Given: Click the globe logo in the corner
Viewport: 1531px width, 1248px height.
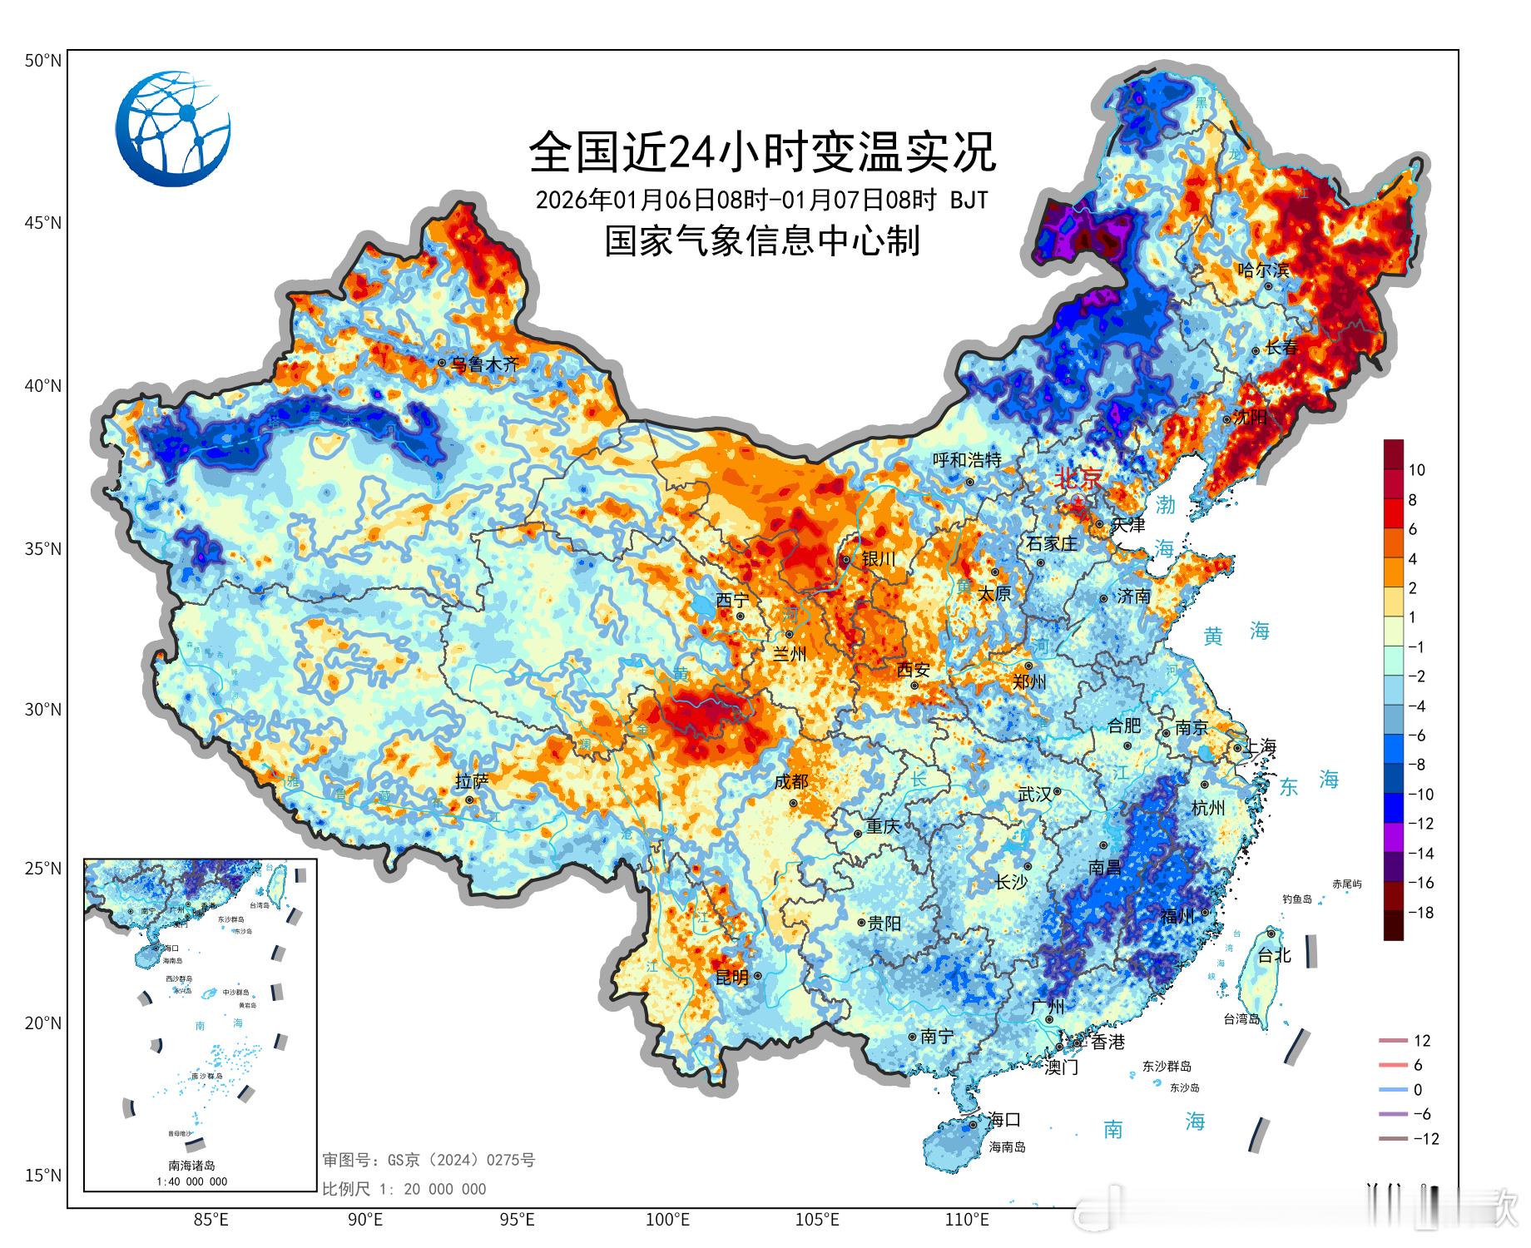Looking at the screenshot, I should coord(173,128).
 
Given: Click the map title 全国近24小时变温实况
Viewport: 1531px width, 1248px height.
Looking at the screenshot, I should coord(762,151).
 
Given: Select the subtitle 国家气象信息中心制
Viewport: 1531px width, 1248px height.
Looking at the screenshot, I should coord(762,241).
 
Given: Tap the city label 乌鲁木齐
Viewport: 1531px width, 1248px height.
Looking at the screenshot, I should coord(484,364).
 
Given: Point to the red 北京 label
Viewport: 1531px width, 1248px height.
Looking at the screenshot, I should coord(1078,478).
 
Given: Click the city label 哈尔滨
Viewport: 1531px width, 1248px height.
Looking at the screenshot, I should coord(1263,270).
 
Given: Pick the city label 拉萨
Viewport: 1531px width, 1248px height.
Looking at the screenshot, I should coord(472,781).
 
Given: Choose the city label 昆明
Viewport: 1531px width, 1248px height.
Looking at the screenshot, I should coord(731,977).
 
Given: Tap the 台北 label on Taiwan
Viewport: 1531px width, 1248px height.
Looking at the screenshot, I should coord(1274,956).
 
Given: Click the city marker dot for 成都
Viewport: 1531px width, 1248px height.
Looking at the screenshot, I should coord(794,803).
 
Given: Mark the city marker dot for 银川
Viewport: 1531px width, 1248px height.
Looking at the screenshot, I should coord(846,560).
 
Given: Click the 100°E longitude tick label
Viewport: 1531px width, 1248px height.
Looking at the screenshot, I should coord(667,1221).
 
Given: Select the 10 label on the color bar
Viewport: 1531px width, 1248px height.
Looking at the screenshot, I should coord(1416,470).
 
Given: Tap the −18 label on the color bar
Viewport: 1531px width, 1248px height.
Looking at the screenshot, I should coord(1420,913).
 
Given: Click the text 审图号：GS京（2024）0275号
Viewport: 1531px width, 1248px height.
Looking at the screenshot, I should coord(429,1160).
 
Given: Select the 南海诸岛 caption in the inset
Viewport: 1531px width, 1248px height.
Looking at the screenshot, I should coord(192,1166).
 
